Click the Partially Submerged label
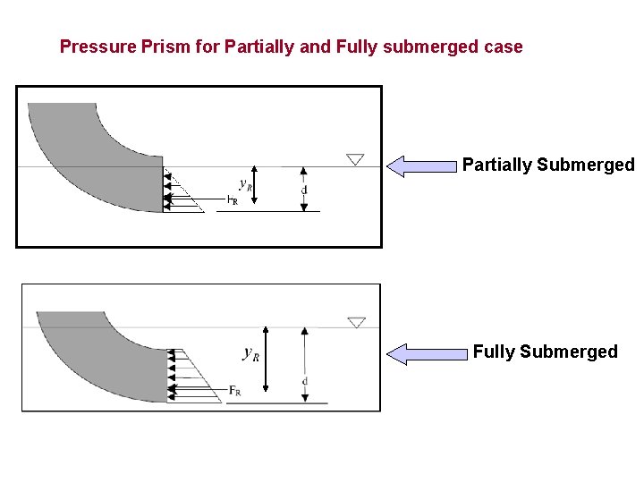pyautogui.click(x=547, y=165)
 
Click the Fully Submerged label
pyautogui.click(x=545, y=352)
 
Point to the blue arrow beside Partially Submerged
pyautogui.click(x=421, y=165)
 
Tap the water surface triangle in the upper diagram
pyautogui.click(x=355, y=159)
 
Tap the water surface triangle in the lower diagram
pyautogui.click(x=356, y=322)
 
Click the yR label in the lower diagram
pyautogui.click(x=251, y=353)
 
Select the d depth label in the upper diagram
pyautogui.click(x=304, y=190)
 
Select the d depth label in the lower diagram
pyautogui.click(x=305, y=381)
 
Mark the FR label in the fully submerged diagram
pyautogui.click(x=234, y=390)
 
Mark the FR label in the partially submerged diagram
pyautogui.click(x=232, y=201)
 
